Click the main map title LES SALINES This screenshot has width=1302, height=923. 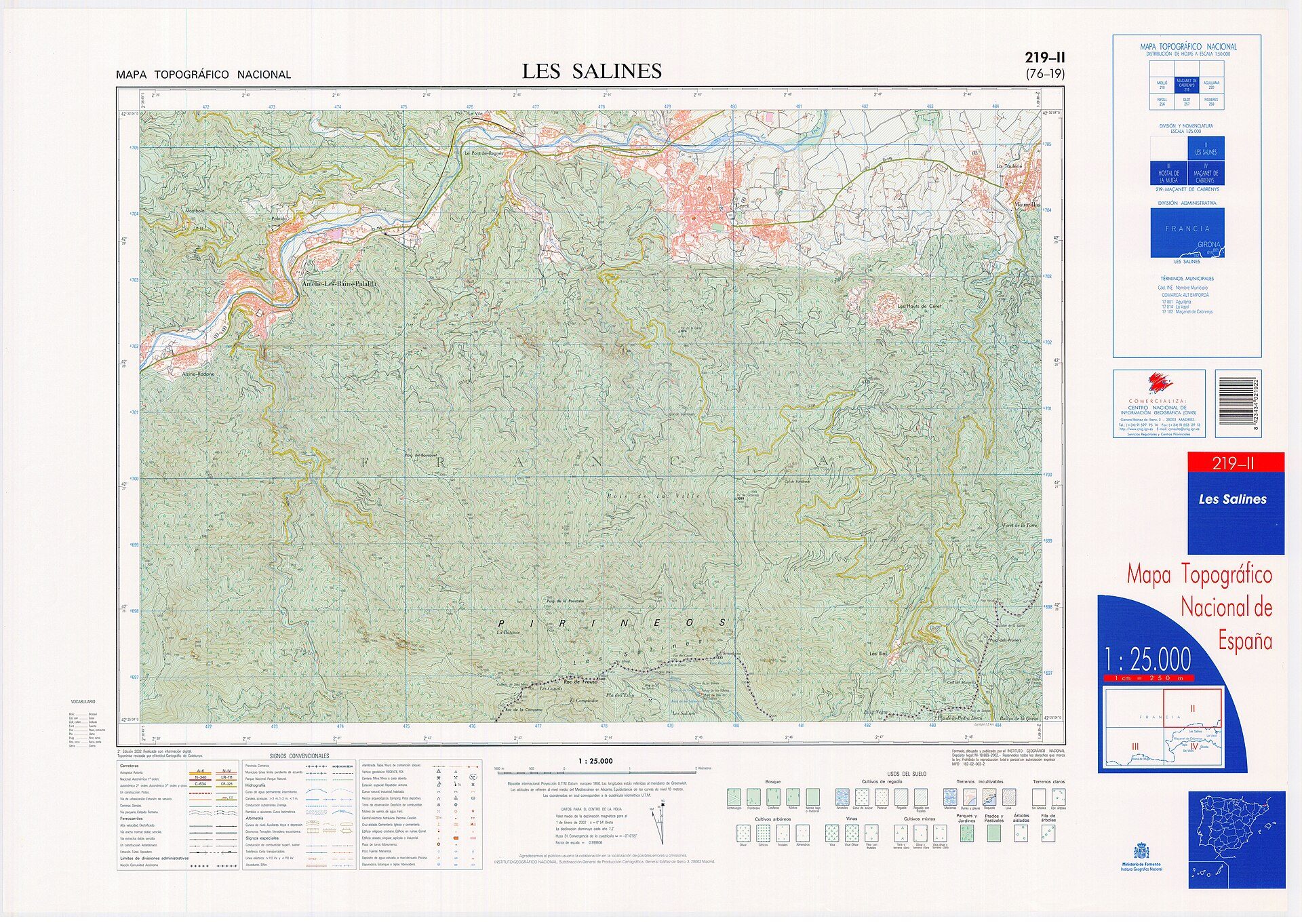tap(591, 71)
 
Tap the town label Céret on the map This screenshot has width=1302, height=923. tap(741, 205)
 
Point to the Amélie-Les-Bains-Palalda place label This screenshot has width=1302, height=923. tap(339, 284)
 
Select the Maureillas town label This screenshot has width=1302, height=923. tap(1027, 204)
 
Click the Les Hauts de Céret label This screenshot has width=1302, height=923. tap(919, 307)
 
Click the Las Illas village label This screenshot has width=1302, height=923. tap(877, 654)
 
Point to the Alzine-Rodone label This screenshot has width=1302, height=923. tap(198, 374)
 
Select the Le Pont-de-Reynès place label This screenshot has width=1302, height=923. tap(484, 153)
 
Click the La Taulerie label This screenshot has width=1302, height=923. tap(1008, 166)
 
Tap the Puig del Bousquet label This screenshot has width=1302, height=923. tap(420, 455)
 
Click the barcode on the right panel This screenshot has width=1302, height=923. tap(1238, 403)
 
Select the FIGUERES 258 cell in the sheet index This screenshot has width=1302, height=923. tap(1211, 102)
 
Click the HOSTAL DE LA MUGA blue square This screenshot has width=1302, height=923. tap(1168, 174)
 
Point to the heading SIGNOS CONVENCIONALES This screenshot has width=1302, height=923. tap(299, 755)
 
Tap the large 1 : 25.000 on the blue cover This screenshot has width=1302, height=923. tap(1147, 659)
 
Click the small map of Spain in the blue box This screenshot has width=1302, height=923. tap(1236, 840)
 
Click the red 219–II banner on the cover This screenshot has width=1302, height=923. tap(1235, 463)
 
